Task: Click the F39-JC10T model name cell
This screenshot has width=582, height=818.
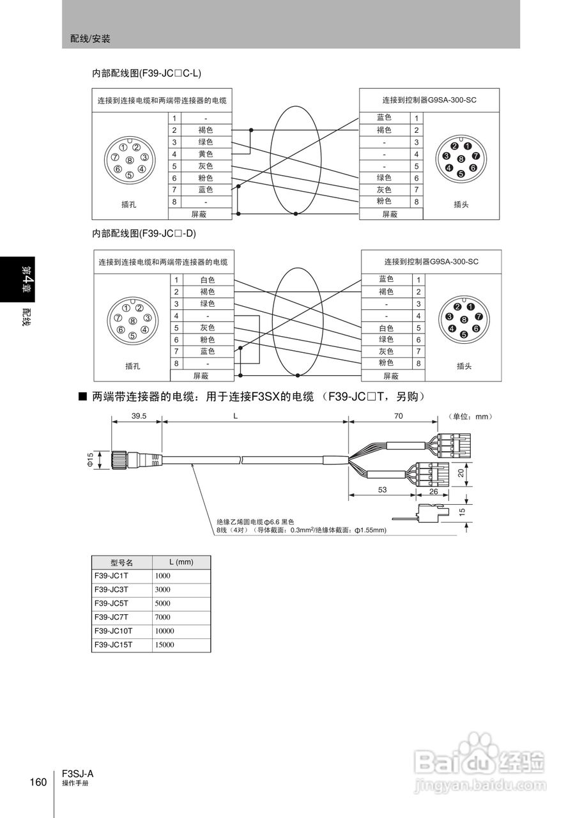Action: click(x=112, y=631)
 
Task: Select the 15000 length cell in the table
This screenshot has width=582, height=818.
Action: click(x=164, y=645)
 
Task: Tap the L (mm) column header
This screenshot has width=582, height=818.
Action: click(x=181, y=562)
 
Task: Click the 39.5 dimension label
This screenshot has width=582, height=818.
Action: click(x=139, y=415)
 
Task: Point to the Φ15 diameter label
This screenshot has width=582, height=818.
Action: click(x=90, y=459)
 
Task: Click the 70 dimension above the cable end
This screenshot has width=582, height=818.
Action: click(x=399, y=415)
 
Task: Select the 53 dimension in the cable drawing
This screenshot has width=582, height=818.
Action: click(x=382, y=490)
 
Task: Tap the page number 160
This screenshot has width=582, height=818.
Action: click(x=38, y=783)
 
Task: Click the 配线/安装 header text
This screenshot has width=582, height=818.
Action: click(x=90, y=39)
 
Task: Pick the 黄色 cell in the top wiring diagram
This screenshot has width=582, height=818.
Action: click(x=205, y=154)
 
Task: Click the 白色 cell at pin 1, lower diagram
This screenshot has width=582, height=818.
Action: click(x=207, y=280)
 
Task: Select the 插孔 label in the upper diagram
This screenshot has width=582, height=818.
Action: click(x=129, y=204)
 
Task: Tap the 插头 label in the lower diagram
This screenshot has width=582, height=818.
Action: click(x=464, y=366)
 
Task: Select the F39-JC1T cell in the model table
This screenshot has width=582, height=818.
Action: click(x=111, y=575)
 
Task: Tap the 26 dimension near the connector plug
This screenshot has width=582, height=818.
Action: click(x=434, y=491)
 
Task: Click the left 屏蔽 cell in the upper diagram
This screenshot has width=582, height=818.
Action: click(x=200, y=214)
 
